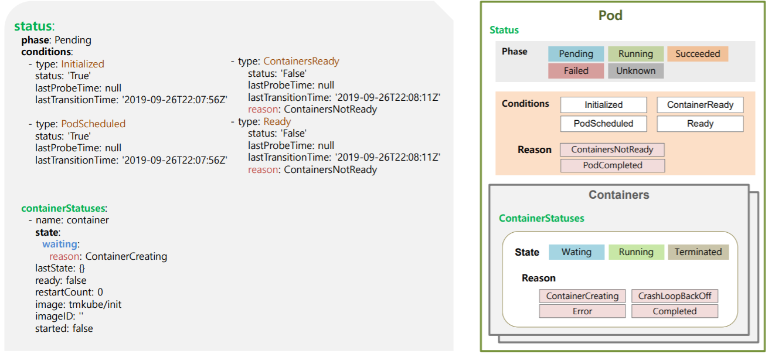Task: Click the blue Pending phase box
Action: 576,54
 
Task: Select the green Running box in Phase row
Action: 635,54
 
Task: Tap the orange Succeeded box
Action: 697,54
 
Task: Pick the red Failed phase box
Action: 576,70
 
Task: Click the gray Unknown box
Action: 635,70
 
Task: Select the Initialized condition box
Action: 603,105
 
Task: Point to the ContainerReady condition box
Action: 700,105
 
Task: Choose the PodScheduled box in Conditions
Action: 603,124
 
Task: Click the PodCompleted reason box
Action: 612,165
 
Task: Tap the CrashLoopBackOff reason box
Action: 674,296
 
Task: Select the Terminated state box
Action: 698,252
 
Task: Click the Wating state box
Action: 576,252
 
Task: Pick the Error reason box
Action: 582,311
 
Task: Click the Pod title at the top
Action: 610,16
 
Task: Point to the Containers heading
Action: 618,195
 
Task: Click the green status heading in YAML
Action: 33,26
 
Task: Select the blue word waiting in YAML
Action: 59,244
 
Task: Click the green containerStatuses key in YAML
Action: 63,208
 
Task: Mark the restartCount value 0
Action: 100,292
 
